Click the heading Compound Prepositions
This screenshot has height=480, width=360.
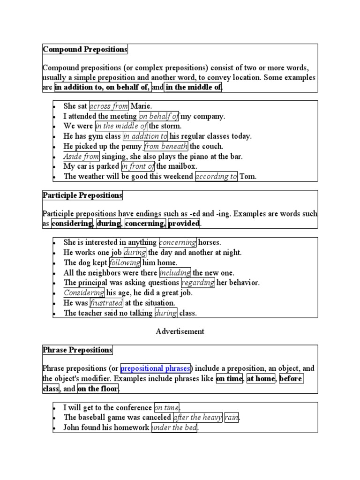point(85,49)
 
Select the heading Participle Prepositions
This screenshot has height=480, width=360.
point(82,195)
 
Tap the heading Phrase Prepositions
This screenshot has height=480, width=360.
point(78,350)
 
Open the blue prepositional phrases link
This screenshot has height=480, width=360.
point(155,368)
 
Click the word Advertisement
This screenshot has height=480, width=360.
point(180,331)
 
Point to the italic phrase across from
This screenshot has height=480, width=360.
point(109,106)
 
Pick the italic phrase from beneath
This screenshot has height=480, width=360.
point(166,146)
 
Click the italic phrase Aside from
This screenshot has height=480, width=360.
point(81,157)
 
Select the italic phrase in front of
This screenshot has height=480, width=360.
point(138,166)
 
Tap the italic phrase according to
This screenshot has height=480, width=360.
point(216,177)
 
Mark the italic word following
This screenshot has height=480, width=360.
point(125,263)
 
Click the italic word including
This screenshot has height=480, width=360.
point(175,273)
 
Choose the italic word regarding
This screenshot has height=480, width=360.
point(198,283)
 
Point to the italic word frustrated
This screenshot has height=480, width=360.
point(106,303)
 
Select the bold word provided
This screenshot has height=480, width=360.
point(184,224)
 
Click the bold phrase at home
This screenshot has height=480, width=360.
point(261,378)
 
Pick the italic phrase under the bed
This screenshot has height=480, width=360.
point(174,427)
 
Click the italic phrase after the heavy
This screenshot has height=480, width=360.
point(197,417)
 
